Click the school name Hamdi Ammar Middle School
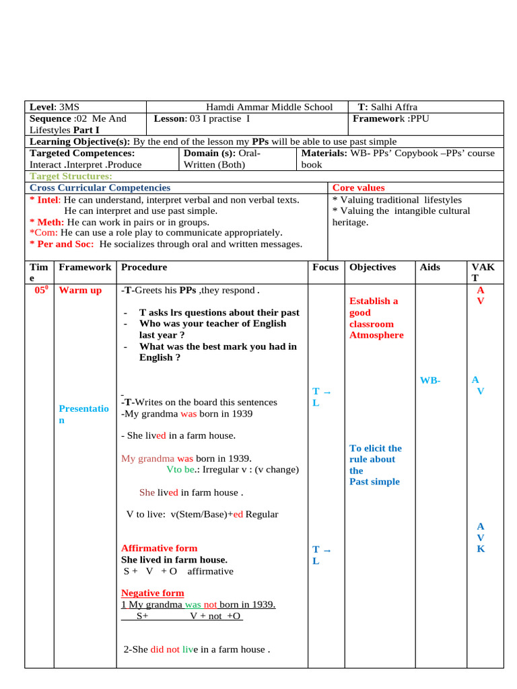click(x=269, y=107)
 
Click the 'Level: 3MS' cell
click(x=55, y=107)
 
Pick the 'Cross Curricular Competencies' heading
click(x=100, y=188)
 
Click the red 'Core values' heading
click(x=359, y=188)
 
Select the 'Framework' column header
click(x=85, y=267)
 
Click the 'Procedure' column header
click(x=144, y=267)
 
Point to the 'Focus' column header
click(x=325, y=267)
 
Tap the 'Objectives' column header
click(x=373, y=267)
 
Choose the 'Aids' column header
click(x=429, y=267)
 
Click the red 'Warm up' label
click(x=80, y=291)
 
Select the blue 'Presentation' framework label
click(x=83, y=414)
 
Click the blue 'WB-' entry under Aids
click(x=430, y=380)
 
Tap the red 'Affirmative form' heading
click(x=159, y=548)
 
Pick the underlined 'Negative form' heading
click(x=152, y=593)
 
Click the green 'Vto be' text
click(x=180, y=470)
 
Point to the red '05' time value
click(x=40, y=291)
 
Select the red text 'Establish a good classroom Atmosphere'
click(x=376, y=318)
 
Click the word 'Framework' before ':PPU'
click(x=380, y=118)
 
